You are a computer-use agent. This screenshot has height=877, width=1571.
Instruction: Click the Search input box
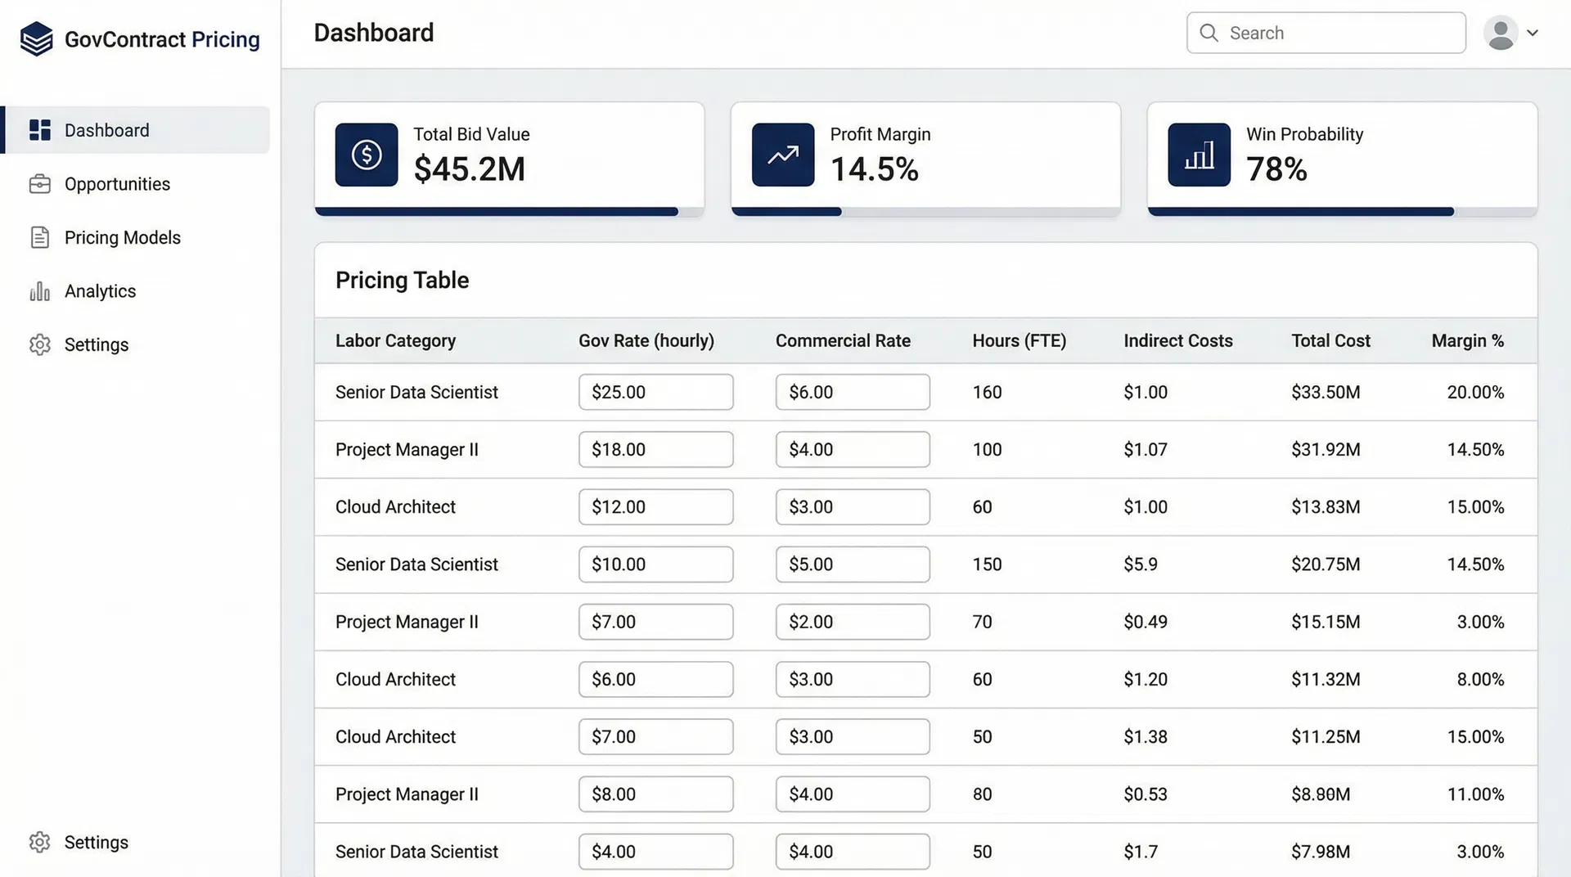pos(1326,33)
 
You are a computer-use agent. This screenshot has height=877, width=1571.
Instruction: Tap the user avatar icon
pos(1501,34)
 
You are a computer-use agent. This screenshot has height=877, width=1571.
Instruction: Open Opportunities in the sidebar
pos(117,184)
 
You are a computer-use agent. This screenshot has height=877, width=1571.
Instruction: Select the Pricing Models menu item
pos(122,237)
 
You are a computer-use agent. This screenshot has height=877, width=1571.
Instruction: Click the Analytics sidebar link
pos(100,291)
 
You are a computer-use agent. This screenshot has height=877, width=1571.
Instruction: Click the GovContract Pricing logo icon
pos(37,39)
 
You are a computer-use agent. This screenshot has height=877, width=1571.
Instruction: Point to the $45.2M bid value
pos(469,169)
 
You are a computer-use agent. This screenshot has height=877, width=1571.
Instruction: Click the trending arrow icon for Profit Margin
pos(783,155)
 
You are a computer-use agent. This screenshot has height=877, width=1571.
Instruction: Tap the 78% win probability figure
pos(1276,169)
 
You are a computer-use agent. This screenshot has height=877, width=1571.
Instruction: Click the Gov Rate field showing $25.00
pos(655,392)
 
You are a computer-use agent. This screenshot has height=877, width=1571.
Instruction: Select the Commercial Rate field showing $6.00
pos(852,392)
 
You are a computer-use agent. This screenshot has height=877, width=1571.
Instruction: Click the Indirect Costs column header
pos(1177,340)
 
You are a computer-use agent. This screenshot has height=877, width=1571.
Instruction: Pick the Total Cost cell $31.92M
pos(1326,449)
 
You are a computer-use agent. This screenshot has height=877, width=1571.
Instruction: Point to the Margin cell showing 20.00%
pos(1474,392)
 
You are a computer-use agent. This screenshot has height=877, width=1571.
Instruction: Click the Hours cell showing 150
pos(987,564)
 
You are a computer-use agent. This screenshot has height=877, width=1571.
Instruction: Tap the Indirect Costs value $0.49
pos(1145,622)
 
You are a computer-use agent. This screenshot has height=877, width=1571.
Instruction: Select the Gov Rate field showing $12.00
pos(655,506)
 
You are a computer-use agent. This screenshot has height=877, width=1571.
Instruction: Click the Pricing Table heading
pos(402,280)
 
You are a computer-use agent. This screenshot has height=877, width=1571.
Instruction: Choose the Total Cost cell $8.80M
pos(1321,794)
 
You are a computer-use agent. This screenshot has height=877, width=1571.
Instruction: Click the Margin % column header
pos(1467,340)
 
